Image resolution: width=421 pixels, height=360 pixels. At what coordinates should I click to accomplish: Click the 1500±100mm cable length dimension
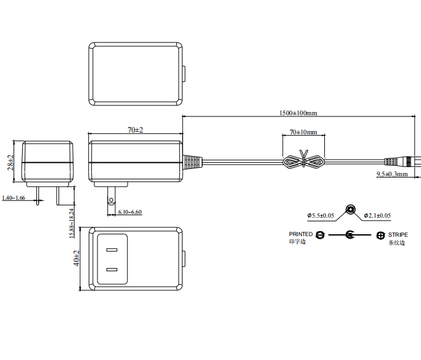(x=298, y=113)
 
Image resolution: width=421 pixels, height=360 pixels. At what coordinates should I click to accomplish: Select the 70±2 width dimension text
(x=135, y=129)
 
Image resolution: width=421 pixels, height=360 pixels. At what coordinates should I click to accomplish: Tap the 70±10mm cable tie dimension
(x=303, y=133)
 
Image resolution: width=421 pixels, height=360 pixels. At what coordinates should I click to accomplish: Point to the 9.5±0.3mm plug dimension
(x=392, y=174)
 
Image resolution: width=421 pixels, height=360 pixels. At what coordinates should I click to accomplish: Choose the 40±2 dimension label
(x=77, y=258)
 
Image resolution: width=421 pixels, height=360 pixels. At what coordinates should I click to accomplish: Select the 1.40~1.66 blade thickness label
(x=14, y=198)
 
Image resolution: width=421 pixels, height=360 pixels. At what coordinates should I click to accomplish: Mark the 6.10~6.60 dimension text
(x=129, y=212)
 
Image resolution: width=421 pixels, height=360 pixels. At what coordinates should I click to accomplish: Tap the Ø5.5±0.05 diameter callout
(x=321, y=216)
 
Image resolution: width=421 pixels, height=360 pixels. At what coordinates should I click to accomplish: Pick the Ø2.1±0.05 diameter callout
(x=377, y=216)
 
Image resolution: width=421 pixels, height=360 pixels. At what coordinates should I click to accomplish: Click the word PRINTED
(x=301, y=234)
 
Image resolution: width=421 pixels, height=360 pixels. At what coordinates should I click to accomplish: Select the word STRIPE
(x=398, y=234)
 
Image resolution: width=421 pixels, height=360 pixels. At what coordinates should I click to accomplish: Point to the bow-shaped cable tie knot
(x=303, y=162)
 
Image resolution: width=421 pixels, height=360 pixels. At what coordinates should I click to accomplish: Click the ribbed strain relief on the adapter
(x=192, y=162)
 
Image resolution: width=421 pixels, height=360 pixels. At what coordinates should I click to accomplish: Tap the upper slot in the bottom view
(x=112, y=250)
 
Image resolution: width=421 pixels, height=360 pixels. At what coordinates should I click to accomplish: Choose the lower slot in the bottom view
(x=112, y=269)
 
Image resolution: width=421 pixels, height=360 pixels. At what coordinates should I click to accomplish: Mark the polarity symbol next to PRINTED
(x=319, y=235)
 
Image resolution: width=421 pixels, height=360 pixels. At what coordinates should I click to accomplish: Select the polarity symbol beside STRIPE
(x=380, y=235)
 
